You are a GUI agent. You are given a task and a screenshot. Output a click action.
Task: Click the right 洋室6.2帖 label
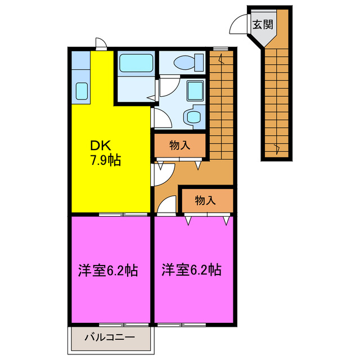click(x=191, y=270)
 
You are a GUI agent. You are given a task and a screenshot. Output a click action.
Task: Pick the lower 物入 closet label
click(x=205, y=200)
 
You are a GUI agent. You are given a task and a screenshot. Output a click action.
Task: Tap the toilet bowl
click(x=185, y=61)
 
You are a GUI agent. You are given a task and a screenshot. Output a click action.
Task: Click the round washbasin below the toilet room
click(x=194, y=116)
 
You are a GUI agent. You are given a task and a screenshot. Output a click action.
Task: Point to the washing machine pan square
click(x=195, y=90)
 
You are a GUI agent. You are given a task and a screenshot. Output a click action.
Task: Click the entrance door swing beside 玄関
click(x=239, y=25)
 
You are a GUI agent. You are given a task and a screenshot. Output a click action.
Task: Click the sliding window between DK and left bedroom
click(x=124, y=214)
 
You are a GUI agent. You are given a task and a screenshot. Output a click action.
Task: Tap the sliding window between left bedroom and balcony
click(x=124, y=325)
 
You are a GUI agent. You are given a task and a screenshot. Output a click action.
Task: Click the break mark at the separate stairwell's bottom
click(x=276, y=148)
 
